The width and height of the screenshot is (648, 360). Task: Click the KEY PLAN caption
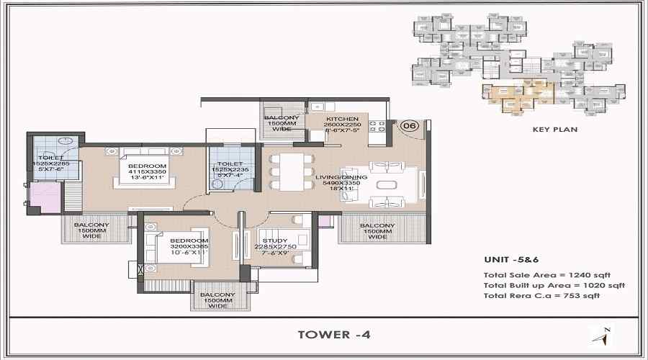tap(554, 130)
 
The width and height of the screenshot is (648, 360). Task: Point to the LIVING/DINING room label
tap(341, 176)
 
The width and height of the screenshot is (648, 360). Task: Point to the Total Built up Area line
tap(554, 285)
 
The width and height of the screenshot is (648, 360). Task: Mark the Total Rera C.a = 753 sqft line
tap(542, 296)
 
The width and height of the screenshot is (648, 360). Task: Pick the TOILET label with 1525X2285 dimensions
tap(51, 157)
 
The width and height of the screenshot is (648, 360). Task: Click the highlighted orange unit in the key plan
tap(517, 96)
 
